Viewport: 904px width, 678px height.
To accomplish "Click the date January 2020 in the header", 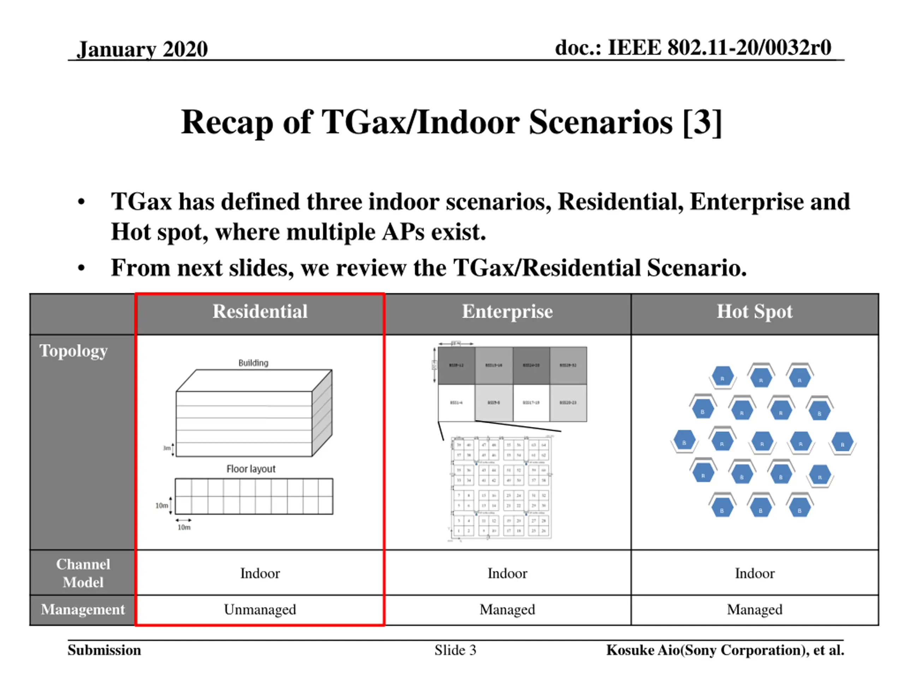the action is (142, 49).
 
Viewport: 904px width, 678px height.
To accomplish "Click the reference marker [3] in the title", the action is (702, 122).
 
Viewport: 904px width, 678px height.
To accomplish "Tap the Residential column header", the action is (260, 311).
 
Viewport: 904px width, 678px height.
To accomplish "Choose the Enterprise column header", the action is (507, 311).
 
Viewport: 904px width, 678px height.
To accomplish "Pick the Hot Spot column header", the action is (754, 311).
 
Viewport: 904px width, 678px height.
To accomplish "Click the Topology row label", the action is (73, 351).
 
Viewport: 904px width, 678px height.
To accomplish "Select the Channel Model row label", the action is (83, 573).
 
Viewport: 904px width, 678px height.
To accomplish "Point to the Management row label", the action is (83, 609).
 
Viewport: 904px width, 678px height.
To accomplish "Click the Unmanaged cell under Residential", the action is (260, 609).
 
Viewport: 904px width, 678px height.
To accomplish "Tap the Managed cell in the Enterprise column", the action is (507, 609).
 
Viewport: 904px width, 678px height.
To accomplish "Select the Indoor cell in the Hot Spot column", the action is (754, 573).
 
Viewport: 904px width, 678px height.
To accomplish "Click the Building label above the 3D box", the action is (254, 363).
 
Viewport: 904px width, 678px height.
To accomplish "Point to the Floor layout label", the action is (251, 469).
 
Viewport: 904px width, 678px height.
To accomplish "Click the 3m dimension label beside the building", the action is (166, 448).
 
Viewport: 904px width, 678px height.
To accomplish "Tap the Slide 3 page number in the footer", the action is (455, 650).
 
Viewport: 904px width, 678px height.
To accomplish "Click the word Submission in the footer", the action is (104, 650).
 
